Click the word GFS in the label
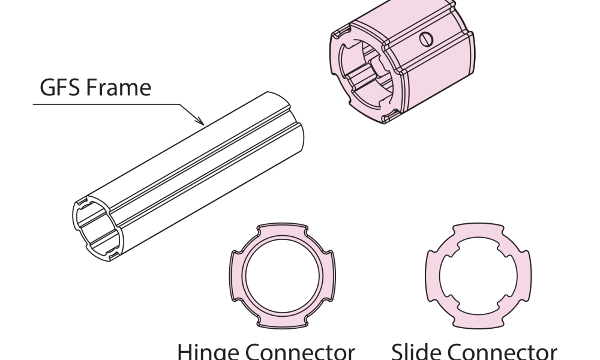[x=59, y=87]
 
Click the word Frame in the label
[x=119, y=87]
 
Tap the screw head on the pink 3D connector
[x=426, y=39]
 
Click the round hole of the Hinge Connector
[x=283, y=276]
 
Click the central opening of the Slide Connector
[x=478, y=276]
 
